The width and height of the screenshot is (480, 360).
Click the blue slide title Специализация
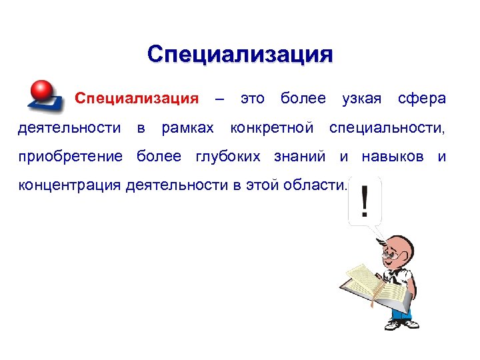tap(240, 53)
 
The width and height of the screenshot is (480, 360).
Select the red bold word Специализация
tap(137, 99)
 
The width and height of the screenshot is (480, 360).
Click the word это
tap(252, 99)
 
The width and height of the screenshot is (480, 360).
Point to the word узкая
tap(361, 99)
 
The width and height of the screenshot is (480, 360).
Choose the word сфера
tap(421, 99)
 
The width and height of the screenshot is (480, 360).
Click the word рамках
tap(188, 127)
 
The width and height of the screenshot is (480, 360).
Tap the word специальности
tap(387, 127)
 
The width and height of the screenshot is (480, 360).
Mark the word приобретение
tap(70, 157)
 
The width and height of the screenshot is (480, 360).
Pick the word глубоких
tap(231, 157)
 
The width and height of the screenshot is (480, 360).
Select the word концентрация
tap(69, 185)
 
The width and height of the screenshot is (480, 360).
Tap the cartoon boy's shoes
tap(401, 324)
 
